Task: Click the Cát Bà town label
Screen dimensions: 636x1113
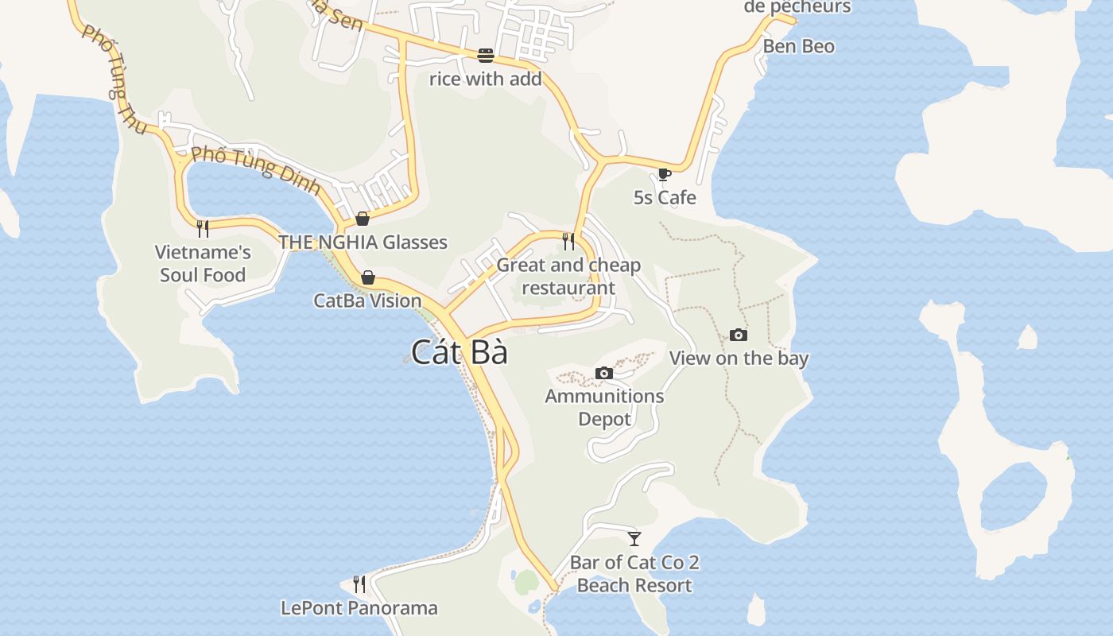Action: coord(460,352)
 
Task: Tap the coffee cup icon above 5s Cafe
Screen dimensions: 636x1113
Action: coord(665,174)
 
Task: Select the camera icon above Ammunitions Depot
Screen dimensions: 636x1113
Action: coord(604,373)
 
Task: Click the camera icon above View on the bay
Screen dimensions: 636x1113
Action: coord(739,335)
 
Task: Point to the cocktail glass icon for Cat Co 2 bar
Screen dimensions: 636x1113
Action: coord(634,539)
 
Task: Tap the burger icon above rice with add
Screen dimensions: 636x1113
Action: coord(486,56)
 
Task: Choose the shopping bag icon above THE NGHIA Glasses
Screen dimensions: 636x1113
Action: coord(363,219)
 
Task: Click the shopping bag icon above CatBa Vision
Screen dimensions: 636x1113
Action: coord(367,277)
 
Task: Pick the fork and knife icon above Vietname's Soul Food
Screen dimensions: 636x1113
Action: coord(203,229)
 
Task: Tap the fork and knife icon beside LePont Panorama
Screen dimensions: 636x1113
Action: coord(359,584)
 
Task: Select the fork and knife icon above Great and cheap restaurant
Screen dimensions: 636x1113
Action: coord(568,241)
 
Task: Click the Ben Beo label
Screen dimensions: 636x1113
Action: coord(799,46)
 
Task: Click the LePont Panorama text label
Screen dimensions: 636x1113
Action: coord(359,608)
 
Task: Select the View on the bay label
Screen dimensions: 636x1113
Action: coord(739,358)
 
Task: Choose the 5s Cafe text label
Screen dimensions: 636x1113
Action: coord(665,197)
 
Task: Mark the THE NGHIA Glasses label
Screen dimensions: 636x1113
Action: coord(363,242)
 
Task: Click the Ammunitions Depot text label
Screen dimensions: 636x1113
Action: coord(604,407)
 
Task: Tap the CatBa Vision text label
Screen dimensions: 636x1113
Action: coord(367,301)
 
